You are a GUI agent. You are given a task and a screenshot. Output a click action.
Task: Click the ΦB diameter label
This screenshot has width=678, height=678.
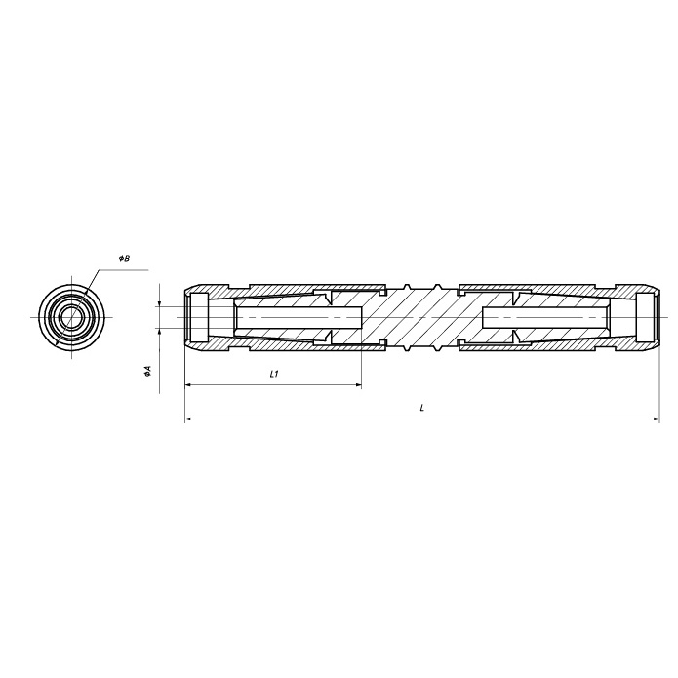point(125,259)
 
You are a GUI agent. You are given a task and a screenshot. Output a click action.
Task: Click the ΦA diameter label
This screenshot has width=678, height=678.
point(148,370)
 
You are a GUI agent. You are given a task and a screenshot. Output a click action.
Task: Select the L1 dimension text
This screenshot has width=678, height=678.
point(274,374)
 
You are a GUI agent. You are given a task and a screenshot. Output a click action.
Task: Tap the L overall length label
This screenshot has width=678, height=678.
point(422,408)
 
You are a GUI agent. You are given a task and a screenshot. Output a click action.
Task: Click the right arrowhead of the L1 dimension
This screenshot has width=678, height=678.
point(358,384)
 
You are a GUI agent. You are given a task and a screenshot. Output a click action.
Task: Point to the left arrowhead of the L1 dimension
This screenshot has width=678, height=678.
point(188,384)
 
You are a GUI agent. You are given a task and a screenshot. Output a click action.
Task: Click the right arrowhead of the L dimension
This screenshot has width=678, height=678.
point(657,419)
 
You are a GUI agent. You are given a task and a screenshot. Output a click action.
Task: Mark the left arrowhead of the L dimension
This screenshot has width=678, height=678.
point(188,419)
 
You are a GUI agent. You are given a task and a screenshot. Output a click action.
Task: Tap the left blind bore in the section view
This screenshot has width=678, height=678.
point(299,317)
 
